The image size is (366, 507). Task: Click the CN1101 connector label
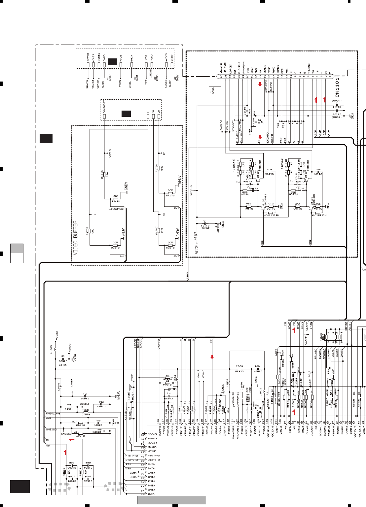[x=337, y=87]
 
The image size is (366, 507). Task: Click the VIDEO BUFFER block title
[x=76, y=238]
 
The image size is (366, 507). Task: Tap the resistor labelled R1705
[x=90, y=231]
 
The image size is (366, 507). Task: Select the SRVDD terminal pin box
[x=88, y=65]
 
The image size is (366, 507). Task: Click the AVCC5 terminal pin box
[x=166, y=65]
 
